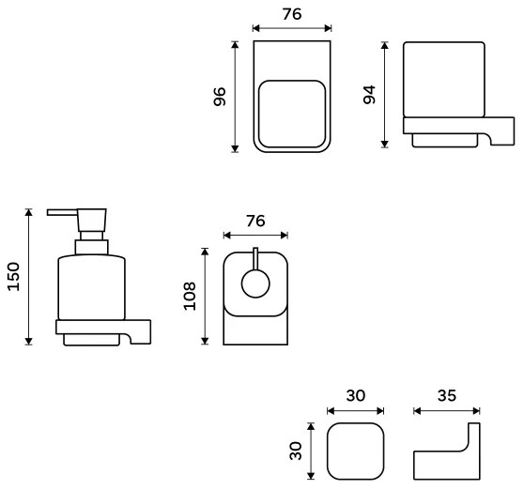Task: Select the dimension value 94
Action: (369, 94)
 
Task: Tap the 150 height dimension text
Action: (13, 276)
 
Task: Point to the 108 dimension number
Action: (190, 296)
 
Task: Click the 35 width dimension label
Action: (447, 395)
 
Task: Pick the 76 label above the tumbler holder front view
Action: (291, 15)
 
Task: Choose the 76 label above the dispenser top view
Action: (254, 221)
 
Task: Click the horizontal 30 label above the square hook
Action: (355, 395)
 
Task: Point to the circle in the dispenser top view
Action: (255, 282)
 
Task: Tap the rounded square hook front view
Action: (355, 451)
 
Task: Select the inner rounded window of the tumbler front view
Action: (291, 115)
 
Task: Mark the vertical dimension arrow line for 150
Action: (29, 276)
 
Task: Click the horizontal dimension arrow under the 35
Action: (447, 410)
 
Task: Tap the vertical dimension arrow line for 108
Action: (206, 296)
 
